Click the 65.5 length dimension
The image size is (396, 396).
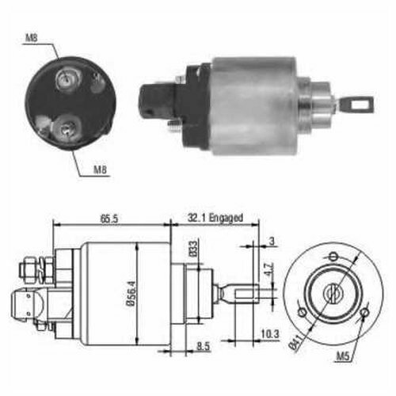(109, 219)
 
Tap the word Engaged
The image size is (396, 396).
(226, 218)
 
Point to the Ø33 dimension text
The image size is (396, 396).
(193, 249)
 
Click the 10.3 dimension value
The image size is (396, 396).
(270, 334)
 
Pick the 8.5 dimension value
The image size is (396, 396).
(204, 346)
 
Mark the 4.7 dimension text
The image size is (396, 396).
(269, 269)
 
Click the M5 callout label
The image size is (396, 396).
(343, 356)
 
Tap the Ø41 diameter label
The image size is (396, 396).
(295, 342)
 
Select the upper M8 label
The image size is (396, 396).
(32, 38)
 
